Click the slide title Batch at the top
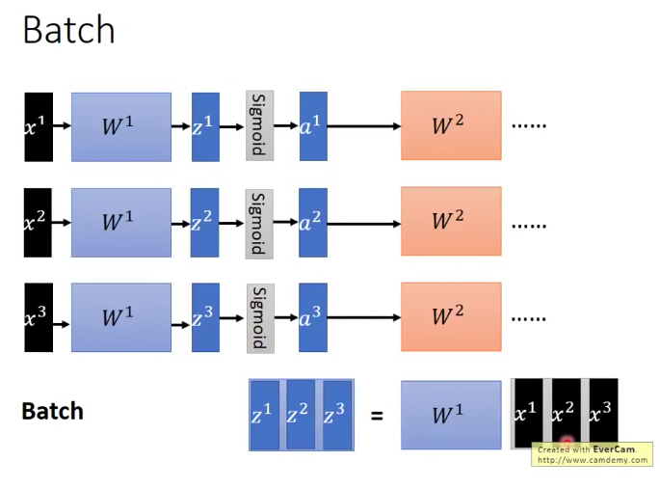[68, 30]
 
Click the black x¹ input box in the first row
[39, 126]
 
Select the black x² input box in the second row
[39, 223]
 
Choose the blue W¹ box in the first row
[120, 126]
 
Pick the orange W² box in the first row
[450, 125]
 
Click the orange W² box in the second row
[450, 222]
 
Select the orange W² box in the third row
[450, 316]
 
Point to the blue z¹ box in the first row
[205, 126]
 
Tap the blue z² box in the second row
[205, 223]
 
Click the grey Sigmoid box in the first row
[259, 126]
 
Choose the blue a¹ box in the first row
[313, 126]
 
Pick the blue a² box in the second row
[313, 223]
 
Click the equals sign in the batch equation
[377, 417]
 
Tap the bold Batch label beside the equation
[52, 412]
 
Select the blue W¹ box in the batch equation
[450, 416]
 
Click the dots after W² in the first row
[529, 126]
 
